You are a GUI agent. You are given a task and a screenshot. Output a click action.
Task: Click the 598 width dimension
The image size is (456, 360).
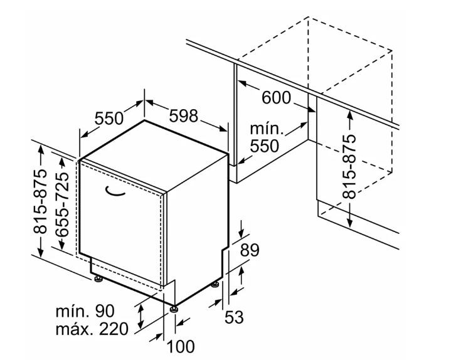(184, 115)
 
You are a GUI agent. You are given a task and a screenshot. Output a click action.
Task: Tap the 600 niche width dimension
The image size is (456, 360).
(276, 97)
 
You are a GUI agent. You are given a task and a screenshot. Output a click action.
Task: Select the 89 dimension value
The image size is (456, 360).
(250, 250)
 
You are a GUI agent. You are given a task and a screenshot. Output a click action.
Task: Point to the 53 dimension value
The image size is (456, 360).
(234, 317)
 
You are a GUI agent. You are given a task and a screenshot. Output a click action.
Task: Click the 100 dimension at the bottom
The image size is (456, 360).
(181, 346)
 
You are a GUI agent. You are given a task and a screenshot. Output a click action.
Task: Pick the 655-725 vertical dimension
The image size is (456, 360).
(62, 204)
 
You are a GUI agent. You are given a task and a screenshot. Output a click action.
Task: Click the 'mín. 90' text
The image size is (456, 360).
(85, 311)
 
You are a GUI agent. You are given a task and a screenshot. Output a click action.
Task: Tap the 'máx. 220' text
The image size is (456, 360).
(92, 329)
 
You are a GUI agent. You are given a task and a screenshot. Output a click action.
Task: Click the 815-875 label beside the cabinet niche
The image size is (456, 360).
(349, 166)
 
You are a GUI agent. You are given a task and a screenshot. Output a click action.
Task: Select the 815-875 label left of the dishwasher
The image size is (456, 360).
(40, 201)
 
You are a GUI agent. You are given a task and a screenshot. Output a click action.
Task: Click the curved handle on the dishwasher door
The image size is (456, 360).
(115, 191)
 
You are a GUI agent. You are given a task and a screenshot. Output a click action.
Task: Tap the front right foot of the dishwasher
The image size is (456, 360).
(174, 309)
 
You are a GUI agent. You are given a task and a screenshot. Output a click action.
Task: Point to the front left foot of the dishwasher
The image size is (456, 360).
(98, 279)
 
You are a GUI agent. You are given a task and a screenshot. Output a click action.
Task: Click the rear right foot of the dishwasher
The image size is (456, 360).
(215, 285)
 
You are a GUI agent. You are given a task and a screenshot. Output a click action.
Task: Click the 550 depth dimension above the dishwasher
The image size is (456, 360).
(109, 118)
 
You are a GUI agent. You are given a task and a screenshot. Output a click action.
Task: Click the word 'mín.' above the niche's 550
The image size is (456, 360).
(267, 128)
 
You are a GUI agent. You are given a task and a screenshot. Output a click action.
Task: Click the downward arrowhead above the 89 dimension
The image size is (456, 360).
(241, 233)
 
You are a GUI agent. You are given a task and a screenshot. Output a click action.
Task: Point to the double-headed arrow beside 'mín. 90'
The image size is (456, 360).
(141, 316)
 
